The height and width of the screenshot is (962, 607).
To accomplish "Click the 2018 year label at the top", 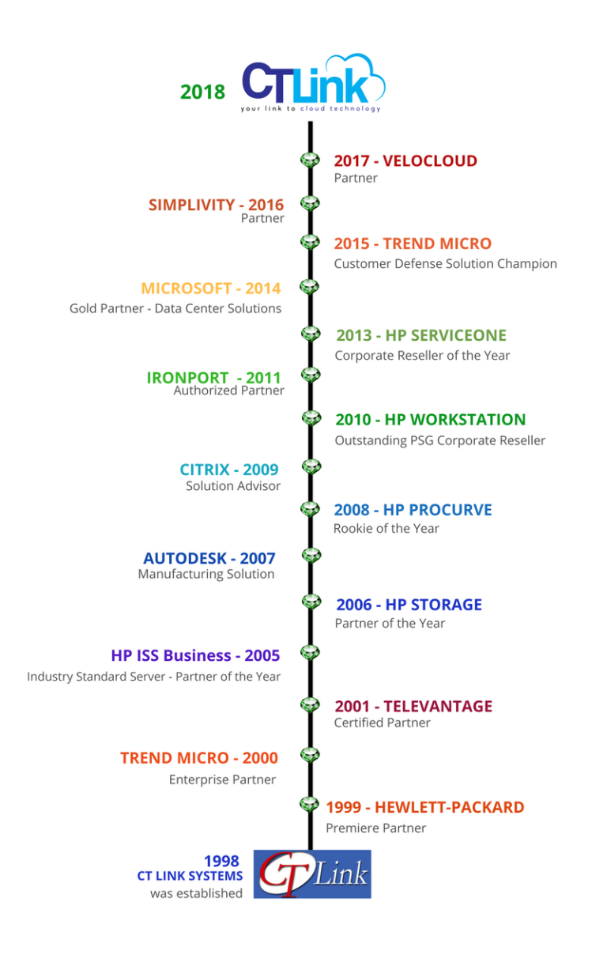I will click(202, 92).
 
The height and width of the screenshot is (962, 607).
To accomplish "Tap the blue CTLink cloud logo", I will click(313, 82).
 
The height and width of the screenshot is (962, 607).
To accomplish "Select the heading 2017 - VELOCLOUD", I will click(405, 160).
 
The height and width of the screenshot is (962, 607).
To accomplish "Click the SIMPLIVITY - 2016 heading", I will click(216, 205).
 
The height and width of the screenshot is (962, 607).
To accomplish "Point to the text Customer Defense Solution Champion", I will click(445, 263).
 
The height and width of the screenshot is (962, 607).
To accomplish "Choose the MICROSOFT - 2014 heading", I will click(210, 288).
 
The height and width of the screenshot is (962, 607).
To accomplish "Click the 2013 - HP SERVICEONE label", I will click(421, 335).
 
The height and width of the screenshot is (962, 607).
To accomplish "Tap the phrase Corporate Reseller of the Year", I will click(422, 355).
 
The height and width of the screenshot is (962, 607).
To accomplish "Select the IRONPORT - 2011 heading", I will click(213, 378).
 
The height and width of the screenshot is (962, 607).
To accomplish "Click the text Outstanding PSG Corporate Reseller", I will click(439, 440).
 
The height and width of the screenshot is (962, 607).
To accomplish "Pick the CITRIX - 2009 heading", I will click(228, 470).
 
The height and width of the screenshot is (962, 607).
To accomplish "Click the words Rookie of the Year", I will click(386, 528).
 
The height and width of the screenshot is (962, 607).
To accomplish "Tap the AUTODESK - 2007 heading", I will click(209, 559).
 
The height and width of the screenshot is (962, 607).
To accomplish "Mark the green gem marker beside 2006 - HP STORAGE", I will click(311, 602).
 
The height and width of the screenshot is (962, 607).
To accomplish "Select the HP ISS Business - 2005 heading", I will click(195, 655).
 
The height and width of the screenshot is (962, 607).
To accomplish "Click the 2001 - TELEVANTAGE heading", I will click(413, 706).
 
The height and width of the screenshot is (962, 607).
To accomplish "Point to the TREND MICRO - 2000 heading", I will click(198, 758).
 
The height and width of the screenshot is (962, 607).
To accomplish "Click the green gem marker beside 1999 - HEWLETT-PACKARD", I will click(310, 805).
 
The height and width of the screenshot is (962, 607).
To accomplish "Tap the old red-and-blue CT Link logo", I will click(312, 874).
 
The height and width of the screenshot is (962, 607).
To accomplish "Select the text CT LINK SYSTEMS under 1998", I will click(190, 876).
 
